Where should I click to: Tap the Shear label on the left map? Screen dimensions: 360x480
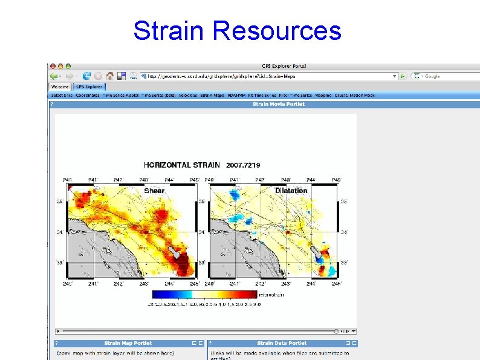(154, 191)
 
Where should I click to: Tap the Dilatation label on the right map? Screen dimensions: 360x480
(291, 191)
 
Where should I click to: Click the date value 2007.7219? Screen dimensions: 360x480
(243, 165)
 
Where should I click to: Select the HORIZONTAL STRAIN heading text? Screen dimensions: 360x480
(181, 165)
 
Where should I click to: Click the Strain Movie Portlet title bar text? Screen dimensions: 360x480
(278, 104)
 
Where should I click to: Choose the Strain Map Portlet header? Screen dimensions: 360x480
(128, 343)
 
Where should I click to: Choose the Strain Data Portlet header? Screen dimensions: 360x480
(282, 343)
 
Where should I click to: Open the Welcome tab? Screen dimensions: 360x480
(59, 87)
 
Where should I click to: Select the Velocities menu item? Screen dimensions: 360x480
(187, 95)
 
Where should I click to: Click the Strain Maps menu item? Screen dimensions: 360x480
(212, 95)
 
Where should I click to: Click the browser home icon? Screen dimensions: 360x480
(109, 76)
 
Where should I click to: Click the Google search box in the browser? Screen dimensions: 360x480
(444, 76)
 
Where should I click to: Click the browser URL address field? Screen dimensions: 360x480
(266, 76)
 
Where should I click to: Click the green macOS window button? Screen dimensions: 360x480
(68, 66)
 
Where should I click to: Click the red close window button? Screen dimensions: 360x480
(53, 66)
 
